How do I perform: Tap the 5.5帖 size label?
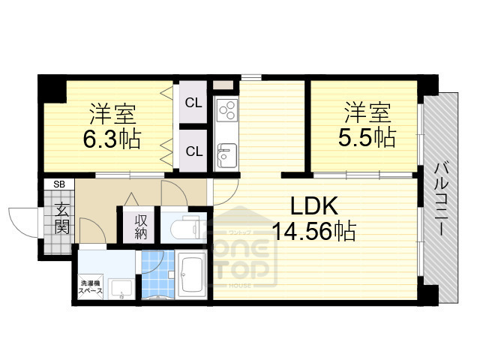coord(367,137)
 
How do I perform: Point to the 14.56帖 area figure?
coord(314,230)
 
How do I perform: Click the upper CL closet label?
coord(193,103)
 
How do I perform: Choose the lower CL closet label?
coord(193,151)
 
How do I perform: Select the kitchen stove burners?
coord(226,112)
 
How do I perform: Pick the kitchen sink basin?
coord(226,157)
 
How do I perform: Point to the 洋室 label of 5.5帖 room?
coord(367,114)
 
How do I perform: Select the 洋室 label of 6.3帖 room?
coord(112,115)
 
